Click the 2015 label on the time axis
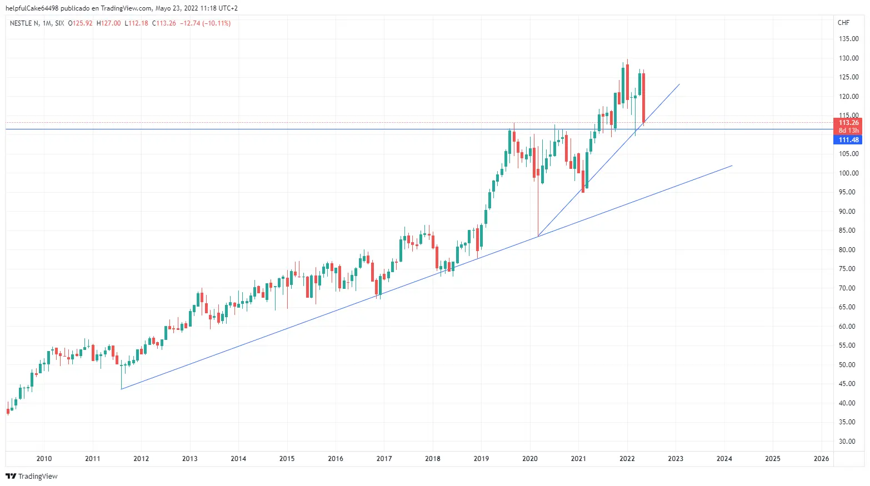[287, 459]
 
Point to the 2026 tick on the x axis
[821, 459]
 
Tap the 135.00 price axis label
[848, 39]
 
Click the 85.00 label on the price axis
[847, 231]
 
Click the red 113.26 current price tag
[848, 123]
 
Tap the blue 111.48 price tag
[848, 140]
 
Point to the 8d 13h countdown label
[848, 131]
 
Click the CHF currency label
[843, 23]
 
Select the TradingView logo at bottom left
[32, 477]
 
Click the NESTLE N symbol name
[24, 23]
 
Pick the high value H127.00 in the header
[108, 23]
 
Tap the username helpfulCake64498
[32, 8]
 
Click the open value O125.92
[81, 23]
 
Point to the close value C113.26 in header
[164, 23]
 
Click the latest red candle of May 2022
[643, 98]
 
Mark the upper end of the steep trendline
[679, 84]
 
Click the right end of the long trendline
[732, 166]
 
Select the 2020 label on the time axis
[529, 459]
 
